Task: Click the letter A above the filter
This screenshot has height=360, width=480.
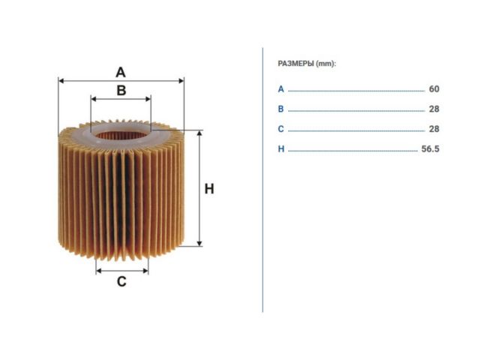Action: [121, 72]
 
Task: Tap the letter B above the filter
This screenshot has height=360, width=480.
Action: [121, 90]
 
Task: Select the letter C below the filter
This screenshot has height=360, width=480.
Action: [121, 281]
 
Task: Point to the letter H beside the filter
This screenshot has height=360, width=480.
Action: [209, 189]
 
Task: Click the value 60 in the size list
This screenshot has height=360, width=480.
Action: [434, 88]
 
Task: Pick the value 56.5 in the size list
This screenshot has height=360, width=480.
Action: [430, 148]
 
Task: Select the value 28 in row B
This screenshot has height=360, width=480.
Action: [434, 109]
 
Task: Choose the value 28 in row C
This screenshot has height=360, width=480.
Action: [434, 129]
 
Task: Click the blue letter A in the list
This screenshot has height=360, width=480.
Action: [280, 89]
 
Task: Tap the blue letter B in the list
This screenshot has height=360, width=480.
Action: [280, 109]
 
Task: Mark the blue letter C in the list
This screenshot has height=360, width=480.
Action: [280, 129]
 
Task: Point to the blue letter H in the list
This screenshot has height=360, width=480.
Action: [281, 148]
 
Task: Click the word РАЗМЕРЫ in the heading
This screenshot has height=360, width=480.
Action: [295, 64]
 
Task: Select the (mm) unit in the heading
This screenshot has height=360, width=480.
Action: [326, 64]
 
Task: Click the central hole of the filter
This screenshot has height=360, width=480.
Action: [121, 135]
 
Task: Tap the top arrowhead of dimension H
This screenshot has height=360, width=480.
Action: [199, 133]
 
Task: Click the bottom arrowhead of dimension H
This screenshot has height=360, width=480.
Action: [199, 243]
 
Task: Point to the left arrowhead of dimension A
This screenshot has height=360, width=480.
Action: [61, 81]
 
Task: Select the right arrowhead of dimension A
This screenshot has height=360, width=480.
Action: [181, 81]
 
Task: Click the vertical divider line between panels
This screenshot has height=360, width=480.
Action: [262, 180]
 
